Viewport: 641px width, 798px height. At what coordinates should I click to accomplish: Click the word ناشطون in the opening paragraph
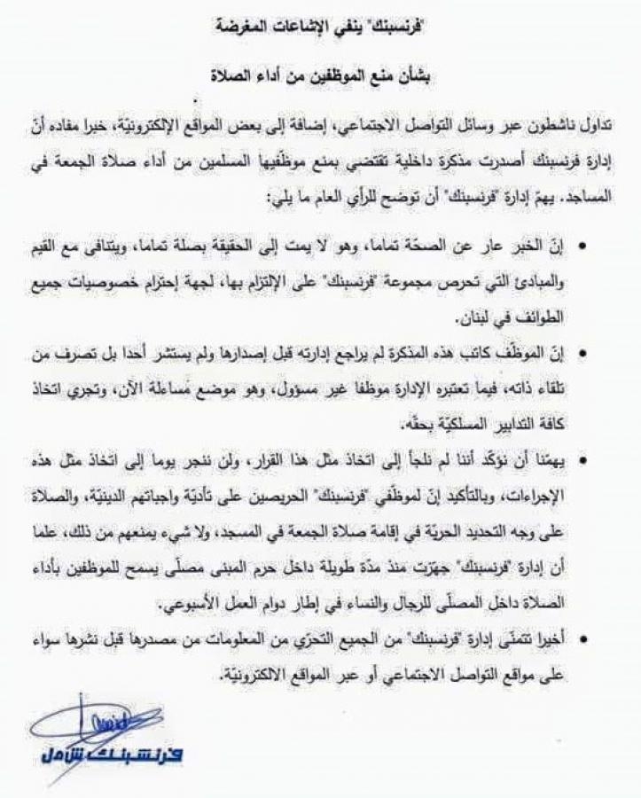click(562, 130)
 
